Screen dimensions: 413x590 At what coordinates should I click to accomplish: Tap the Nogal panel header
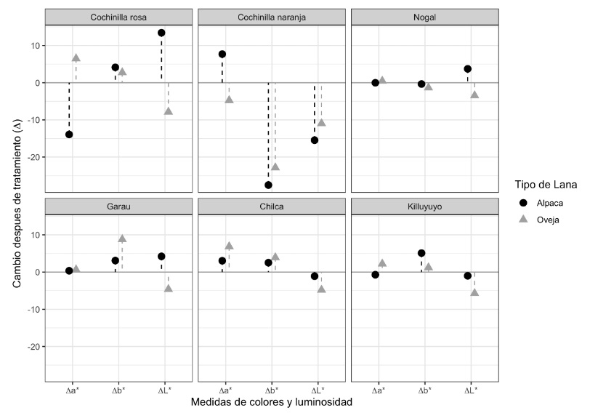pyautogui.click(x=425, y=17)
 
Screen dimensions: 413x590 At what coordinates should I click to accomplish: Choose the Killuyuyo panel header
pyautogui.click(x=425, y=206)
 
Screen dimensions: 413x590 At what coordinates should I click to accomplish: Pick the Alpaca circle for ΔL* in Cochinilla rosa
pyautogui.click(x=161, y=33)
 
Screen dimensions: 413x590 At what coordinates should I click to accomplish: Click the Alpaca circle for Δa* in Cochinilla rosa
pyautogui.click(x=69, y=135)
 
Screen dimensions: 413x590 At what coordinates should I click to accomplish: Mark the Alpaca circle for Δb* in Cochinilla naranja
pyautogui.click(x=268, y=185)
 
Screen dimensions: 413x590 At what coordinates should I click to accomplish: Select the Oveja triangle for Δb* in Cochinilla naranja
pyautogui.click(x=275, y=167)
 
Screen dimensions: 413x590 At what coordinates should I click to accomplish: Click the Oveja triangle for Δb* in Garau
pyautogui.click(x=122, y=238)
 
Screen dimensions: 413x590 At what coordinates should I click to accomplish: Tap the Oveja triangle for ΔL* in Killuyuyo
pyautogui.click(x=474, y=292)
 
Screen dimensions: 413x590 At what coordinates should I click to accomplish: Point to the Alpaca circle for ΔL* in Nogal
pyautogui.click(x=467, y=69)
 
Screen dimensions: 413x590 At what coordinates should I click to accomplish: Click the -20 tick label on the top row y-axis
pyautogui.click(x=33, y=158)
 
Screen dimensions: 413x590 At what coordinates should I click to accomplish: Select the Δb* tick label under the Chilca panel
pyautogui.click(x=272, y=390)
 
